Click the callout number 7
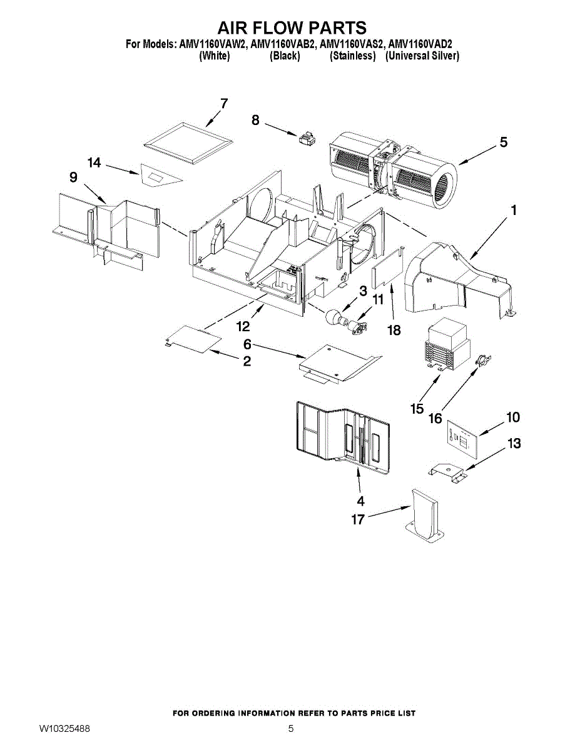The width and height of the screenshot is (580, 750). click(x=224, y=103)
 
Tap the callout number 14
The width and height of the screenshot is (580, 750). click(x=94, y=162)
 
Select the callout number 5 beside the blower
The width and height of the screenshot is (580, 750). click(x=504, y=142)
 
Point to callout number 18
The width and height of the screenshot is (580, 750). click(x=394, y=330)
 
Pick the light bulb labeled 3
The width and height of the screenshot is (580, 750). click(x=334, y=316)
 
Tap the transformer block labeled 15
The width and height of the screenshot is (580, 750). click(x=446, y=345)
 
